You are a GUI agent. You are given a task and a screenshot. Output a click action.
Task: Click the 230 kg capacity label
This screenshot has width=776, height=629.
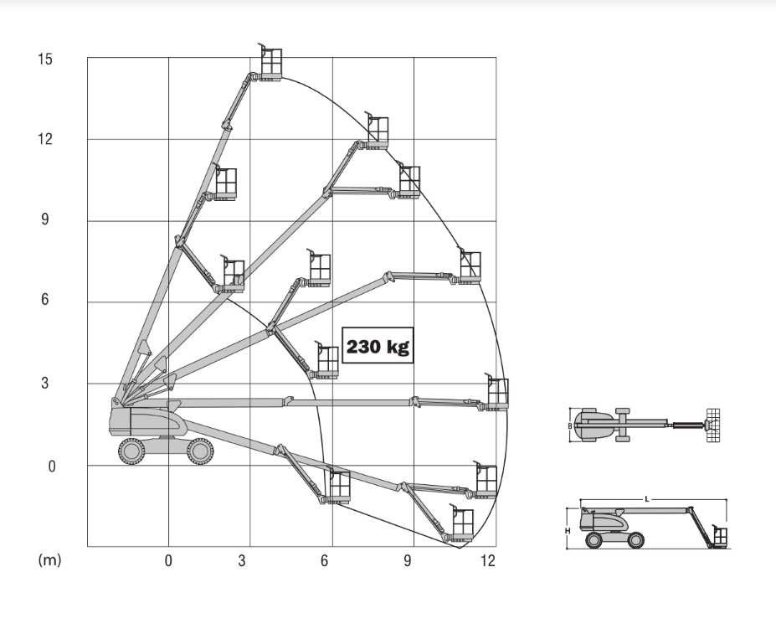[378, 346]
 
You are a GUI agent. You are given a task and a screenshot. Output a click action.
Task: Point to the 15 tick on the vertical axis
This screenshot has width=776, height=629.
[44, 59]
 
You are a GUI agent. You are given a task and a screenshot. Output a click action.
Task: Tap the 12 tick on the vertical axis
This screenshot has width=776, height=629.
[44, 139]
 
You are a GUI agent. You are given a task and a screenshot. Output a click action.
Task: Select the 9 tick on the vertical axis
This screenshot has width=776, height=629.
[45, 219]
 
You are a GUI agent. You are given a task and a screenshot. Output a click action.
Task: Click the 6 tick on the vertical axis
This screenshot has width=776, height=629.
[45, 299]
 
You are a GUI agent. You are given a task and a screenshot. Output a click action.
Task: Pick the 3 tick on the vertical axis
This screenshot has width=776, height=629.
[45, 383]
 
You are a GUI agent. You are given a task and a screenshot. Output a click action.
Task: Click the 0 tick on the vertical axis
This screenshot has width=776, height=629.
[51, 466]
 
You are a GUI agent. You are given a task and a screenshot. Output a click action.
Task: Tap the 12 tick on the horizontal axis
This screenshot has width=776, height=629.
[487, 560]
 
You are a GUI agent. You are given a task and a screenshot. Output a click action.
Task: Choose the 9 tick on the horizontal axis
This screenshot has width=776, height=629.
[408, 560]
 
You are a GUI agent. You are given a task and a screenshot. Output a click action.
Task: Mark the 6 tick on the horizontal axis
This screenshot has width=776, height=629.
[324, 560]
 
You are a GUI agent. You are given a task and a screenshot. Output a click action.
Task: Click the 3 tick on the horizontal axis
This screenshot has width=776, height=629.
[242, 560]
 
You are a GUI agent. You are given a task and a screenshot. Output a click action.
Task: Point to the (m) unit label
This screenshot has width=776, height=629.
[49, 560]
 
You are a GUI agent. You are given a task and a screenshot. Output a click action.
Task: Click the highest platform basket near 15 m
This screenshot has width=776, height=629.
[270, 64]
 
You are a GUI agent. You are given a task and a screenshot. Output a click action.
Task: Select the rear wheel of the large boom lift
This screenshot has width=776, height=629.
[131, 451]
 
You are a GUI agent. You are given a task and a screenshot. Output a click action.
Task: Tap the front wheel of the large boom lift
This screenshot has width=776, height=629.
[200, 451]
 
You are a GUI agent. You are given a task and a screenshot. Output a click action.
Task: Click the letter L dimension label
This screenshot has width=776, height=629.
[647, 499]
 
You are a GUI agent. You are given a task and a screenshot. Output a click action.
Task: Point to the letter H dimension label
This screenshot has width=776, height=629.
[568, 531]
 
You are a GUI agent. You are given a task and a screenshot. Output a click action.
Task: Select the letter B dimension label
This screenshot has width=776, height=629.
[570, 426]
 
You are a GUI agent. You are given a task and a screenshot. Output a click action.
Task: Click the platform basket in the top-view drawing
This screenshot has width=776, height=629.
[712, 425]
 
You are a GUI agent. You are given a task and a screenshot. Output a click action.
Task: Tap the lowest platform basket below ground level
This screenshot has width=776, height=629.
[462, 524]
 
